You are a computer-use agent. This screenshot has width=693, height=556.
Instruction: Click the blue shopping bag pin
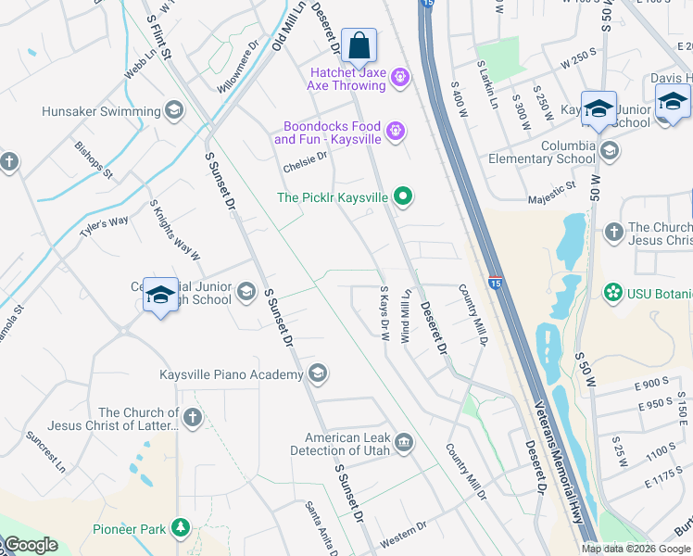359,44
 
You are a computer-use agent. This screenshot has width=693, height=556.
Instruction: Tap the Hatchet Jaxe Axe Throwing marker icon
400,77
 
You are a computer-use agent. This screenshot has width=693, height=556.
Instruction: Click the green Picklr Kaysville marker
402,196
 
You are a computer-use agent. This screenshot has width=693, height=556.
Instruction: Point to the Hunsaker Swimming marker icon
173,111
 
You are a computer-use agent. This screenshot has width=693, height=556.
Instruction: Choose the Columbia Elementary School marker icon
609,150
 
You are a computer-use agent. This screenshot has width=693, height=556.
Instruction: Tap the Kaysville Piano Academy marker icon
317,374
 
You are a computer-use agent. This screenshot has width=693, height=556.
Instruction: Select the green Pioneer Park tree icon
181,529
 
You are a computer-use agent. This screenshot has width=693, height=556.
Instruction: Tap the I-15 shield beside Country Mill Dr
496,281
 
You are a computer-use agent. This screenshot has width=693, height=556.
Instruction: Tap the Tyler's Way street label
104,226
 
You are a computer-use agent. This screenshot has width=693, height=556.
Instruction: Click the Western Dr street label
402,539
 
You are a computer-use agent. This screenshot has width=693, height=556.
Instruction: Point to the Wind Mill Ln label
405,317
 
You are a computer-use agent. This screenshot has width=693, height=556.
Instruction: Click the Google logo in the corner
30,545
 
